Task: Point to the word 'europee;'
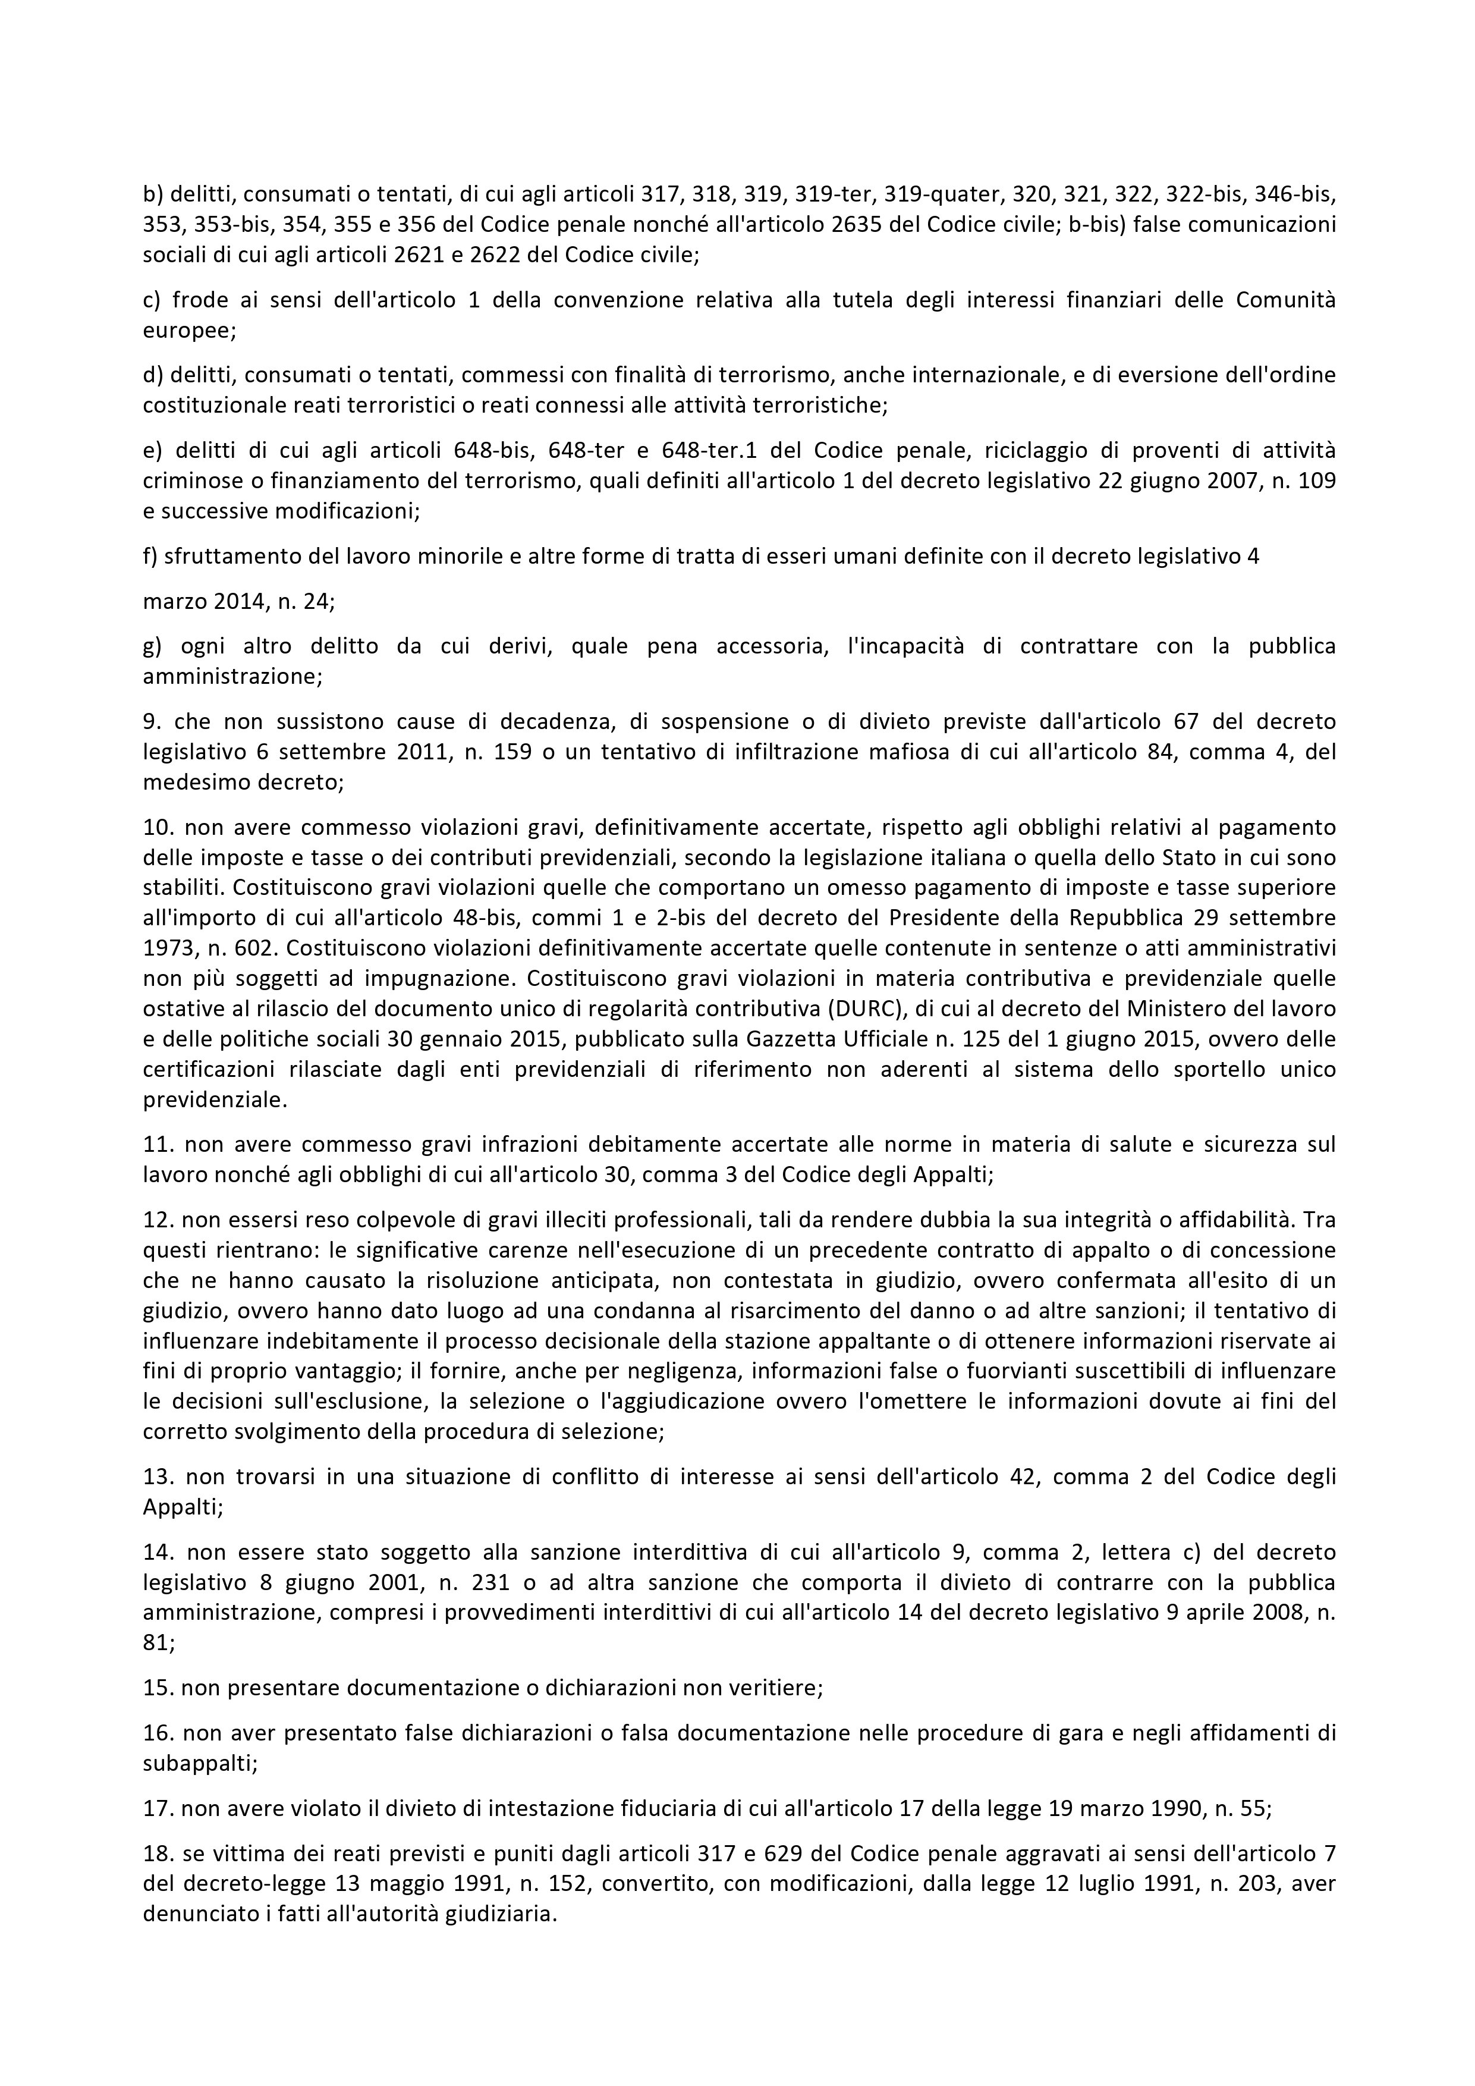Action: click(x=190, y=331)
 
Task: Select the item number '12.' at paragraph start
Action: click(x=158, y=1219)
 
